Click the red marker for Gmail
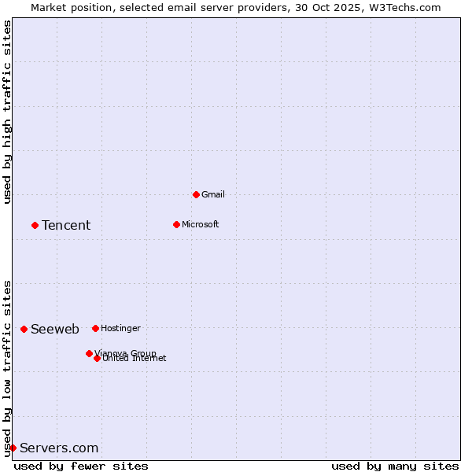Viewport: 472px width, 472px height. [x=196, y=194]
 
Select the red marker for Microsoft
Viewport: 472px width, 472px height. [x=176, y=224]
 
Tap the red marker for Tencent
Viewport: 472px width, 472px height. [x=35, y=225]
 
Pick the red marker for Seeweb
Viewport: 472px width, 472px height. [x=24, y=329]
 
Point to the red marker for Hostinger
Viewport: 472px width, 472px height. [x=95, y=328]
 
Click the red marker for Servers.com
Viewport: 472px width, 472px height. [x=13, y=448]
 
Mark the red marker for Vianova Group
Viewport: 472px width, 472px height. [x=89, y=353]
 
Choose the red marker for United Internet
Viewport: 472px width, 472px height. [x=97, y=358]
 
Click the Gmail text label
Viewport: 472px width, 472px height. [x=213, y=194]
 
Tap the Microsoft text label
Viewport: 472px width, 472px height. [x=200, y=224]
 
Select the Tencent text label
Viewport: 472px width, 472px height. [x=66, y=226]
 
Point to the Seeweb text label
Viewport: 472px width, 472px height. [x=55, y=329]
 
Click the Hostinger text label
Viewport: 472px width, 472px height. [x=120, y=328]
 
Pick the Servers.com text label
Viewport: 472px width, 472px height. [x=59, y=448]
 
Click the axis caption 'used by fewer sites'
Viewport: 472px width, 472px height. [x=81, y=466]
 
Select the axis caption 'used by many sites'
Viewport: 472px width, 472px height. [x=395, y=466]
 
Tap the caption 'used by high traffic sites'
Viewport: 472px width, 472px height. [x=7, y=112]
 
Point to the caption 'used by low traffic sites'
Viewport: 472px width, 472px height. [x=7, y=368]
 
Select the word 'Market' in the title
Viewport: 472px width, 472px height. [x=49, y=7]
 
